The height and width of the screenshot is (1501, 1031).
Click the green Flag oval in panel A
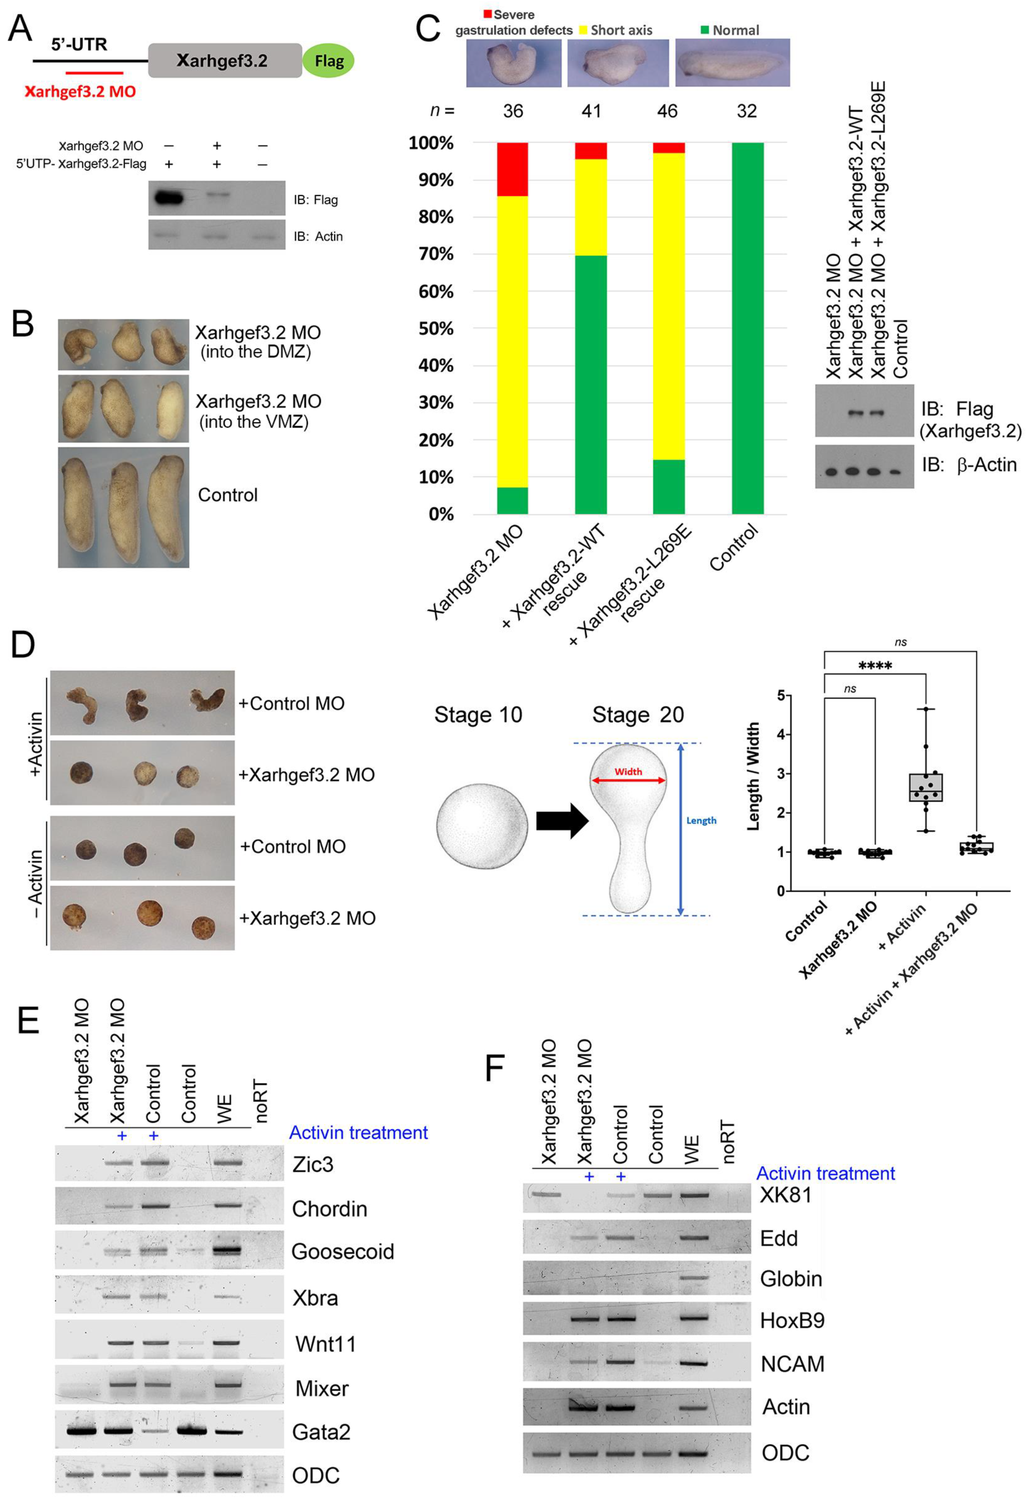coord(328,61)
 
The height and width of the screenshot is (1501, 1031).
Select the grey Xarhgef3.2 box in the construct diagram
coord(225,61)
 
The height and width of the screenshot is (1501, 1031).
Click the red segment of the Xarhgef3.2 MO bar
coord(512,169)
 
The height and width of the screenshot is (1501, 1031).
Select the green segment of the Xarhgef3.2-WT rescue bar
coord(590,384)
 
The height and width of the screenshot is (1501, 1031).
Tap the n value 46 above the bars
coord(667,111)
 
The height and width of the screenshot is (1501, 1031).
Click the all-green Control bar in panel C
coord(747,328)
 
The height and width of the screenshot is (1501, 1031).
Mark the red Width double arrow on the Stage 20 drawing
coord(628,780)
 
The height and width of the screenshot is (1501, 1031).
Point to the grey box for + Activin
coord(926,787)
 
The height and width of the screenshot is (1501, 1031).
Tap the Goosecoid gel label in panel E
coord(342,1252)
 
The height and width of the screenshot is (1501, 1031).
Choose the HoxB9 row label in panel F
coord(792,1320)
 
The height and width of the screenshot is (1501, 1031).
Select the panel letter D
coord(23,645)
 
